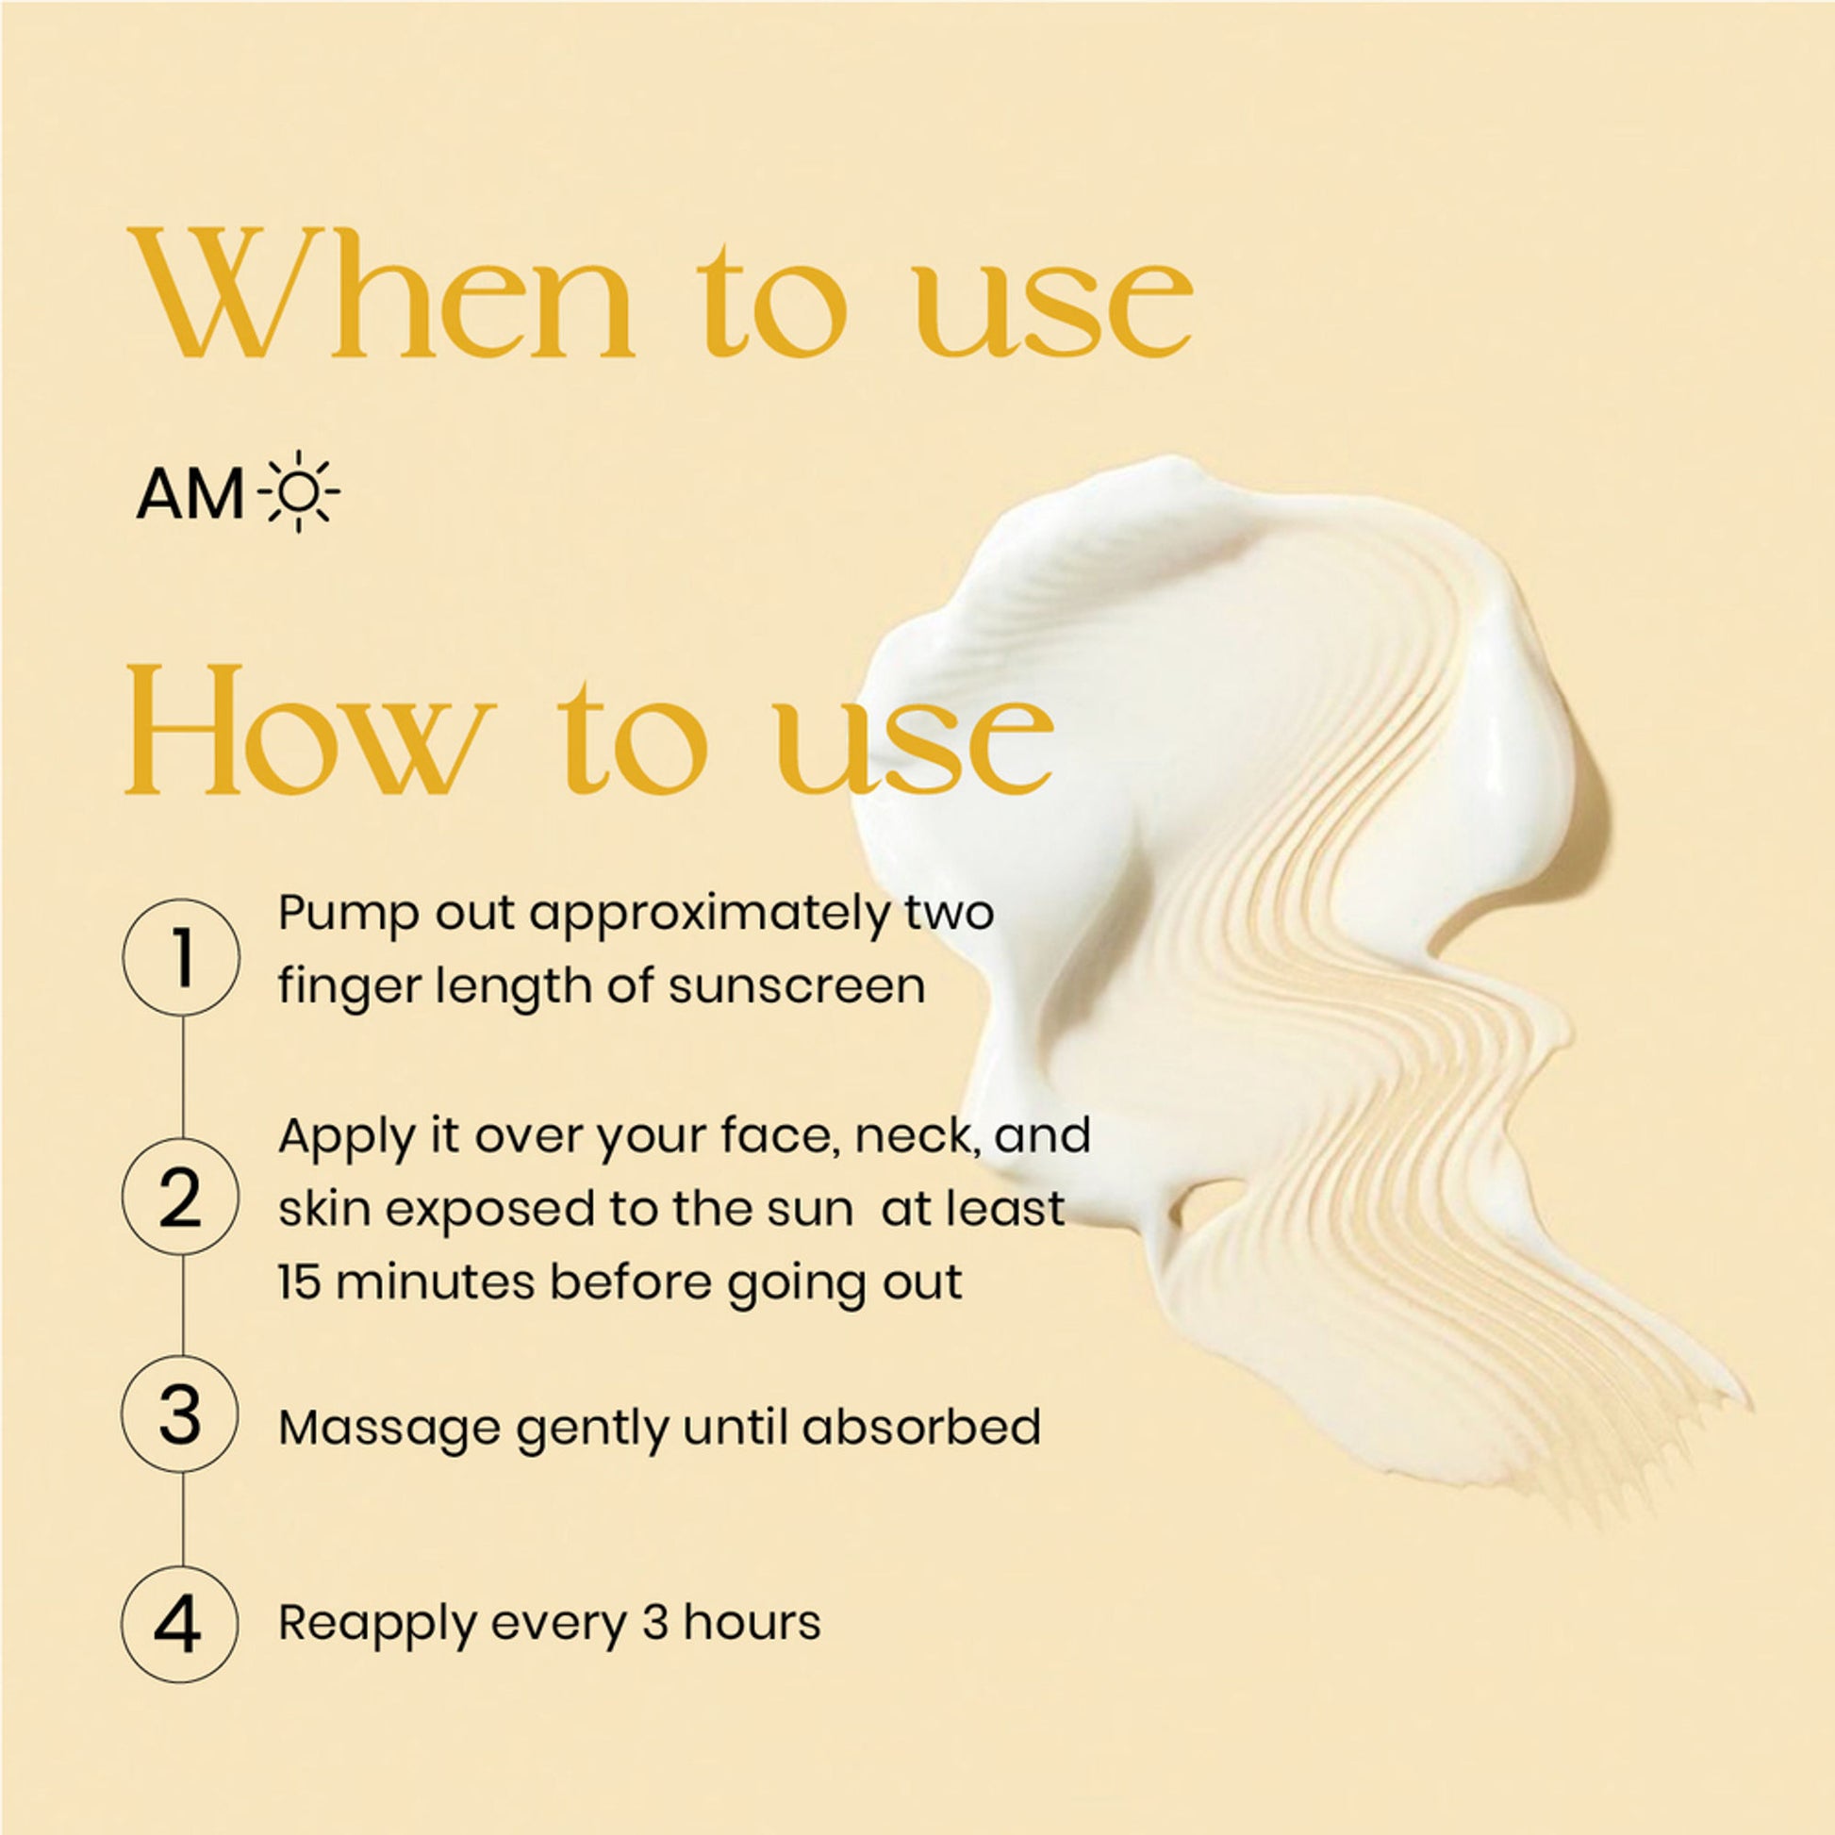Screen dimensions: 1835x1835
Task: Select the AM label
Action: (190, 496)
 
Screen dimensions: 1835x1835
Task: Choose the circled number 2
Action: (182, 1199)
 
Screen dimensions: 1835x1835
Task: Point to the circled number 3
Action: (182, 1415)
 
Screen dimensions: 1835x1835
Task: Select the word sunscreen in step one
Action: (797, 986)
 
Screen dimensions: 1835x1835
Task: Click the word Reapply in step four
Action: (376, 1623)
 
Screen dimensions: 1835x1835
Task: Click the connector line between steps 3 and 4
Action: (182, 1520)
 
